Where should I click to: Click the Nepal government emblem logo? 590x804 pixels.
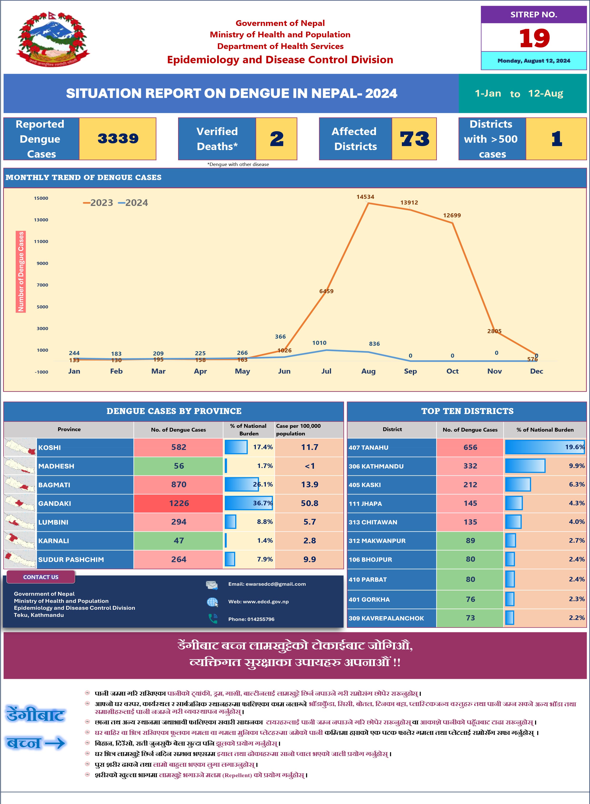pos(53,39)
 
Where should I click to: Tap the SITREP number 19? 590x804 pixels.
pos(534,38)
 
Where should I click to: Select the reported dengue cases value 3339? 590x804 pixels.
pos(118,139)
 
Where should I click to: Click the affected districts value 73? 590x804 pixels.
pos(414,139)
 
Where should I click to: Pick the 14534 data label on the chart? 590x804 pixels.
pos(365,197)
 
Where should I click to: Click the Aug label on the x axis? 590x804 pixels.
pos(368,371)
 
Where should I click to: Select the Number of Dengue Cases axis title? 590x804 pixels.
pos(21,272)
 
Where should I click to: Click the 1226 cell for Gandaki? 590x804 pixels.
pos(179,503)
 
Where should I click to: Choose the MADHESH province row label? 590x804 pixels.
pos(56,466)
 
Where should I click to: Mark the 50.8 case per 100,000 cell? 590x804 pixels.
pos(309,503)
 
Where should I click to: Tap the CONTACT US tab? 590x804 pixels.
pos(41,577)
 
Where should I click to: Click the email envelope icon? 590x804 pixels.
pos(212,585)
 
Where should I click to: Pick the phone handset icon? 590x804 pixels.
pos(213,618)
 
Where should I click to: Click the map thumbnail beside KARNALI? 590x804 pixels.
pos(20,541)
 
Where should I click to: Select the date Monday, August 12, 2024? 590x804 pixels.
pos(534,61)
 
